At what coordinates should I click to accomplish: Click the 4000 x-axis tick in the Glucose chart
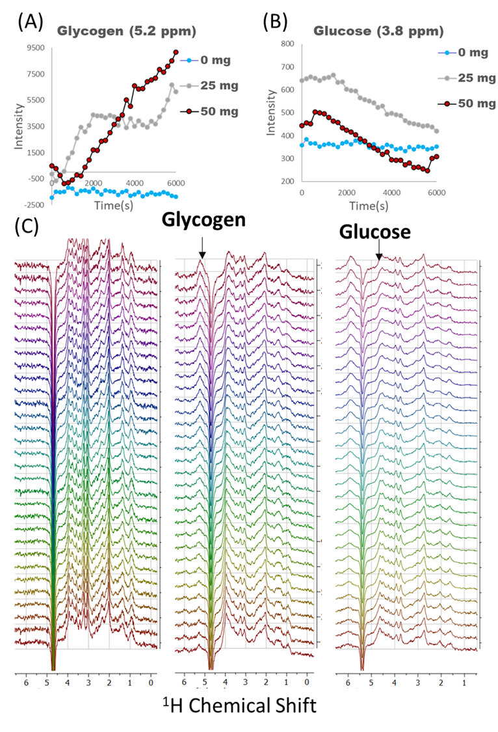pos(391,193)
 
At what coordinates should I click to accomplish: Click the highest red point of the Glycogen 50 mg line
pos(176,53)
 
